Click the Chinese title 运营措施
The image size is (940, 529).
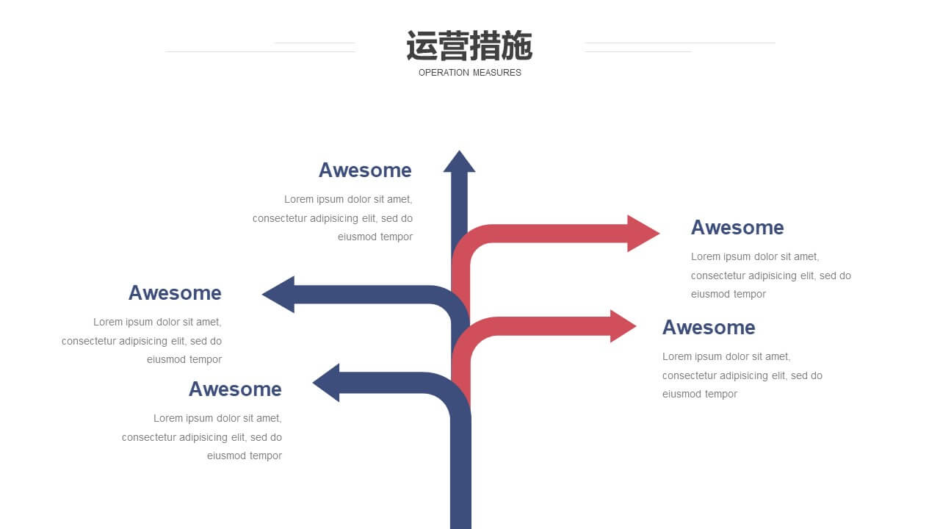click(x=469, y=46)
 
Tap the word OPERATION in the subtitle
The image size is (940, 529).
click(x=444, y=73)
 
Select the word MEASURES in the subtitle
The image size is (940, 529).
click(x=497, y=73)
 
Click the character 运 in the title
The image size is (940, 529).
click(x=422, y=46)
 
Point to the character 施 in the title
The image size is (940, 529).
click(x=518, y=46)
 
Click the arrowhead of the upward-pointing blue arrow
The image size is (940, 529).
click(x=459, y=162)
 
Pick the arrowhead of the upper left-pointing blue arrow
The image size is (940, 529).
click(x=278, y=295)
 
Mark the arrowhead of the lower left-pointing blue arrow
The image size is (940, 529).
click(x=326, y=383)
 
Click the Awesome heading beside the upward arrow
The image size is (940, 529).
click(x=365, y=170)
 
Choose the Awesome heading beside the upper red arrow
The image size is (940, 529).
click(x=737, y=228)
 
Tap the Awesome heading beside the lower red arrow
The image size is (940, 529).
click(x=709, y=328)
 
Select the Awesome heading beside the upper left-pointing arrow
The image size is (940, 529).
click(x=175, y=292)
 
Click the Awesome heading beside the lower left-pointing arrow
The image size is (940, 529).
click(x=235, y=389)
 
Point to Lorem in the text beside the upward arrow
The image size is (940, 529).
click(x=299, y=199)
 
